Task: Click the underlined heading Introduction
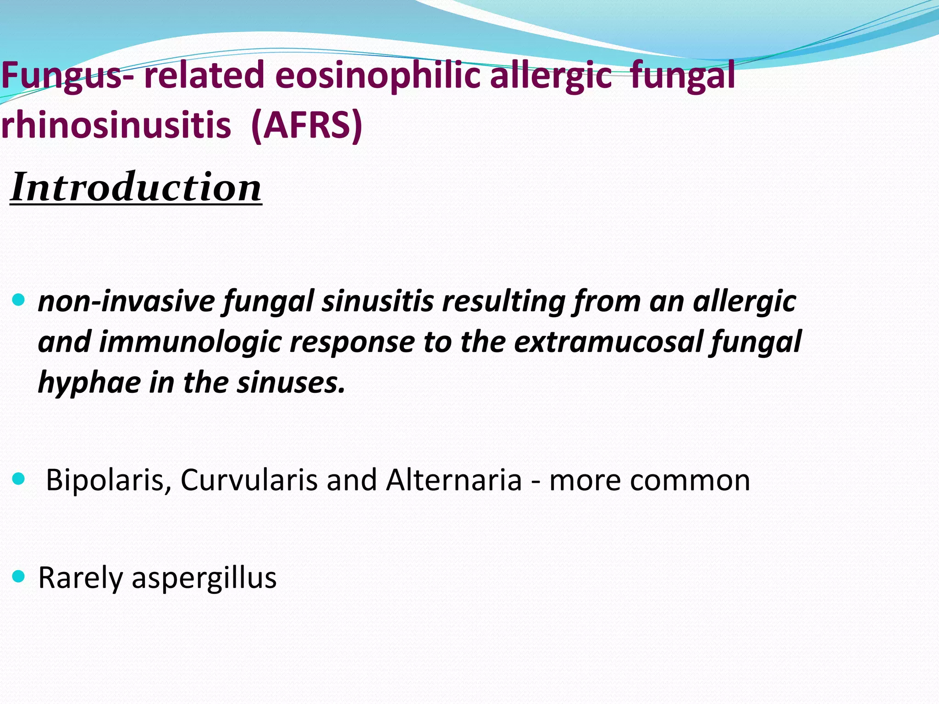tap(136, 187)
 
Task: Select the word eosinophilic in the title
tap(377, 75)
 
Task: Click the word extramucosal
tap(608, 342)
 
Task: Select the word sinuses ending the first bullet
tap(291, 382)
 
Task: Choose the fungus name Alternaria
tap(454, 480)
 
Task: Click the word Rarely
tap(80, 578)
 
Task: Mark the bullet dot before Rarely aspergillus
tap(18, 576)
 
